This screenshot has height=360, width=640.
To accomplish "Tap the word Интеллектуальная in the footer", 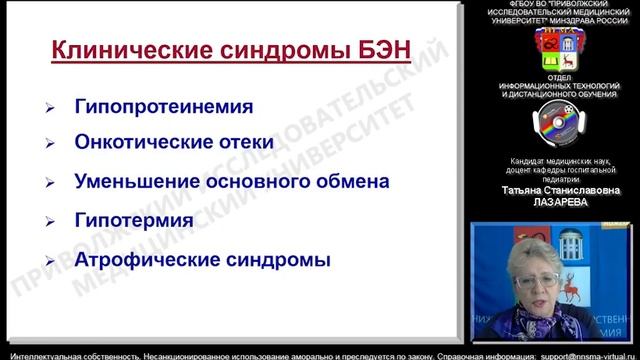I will point(40,353).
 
